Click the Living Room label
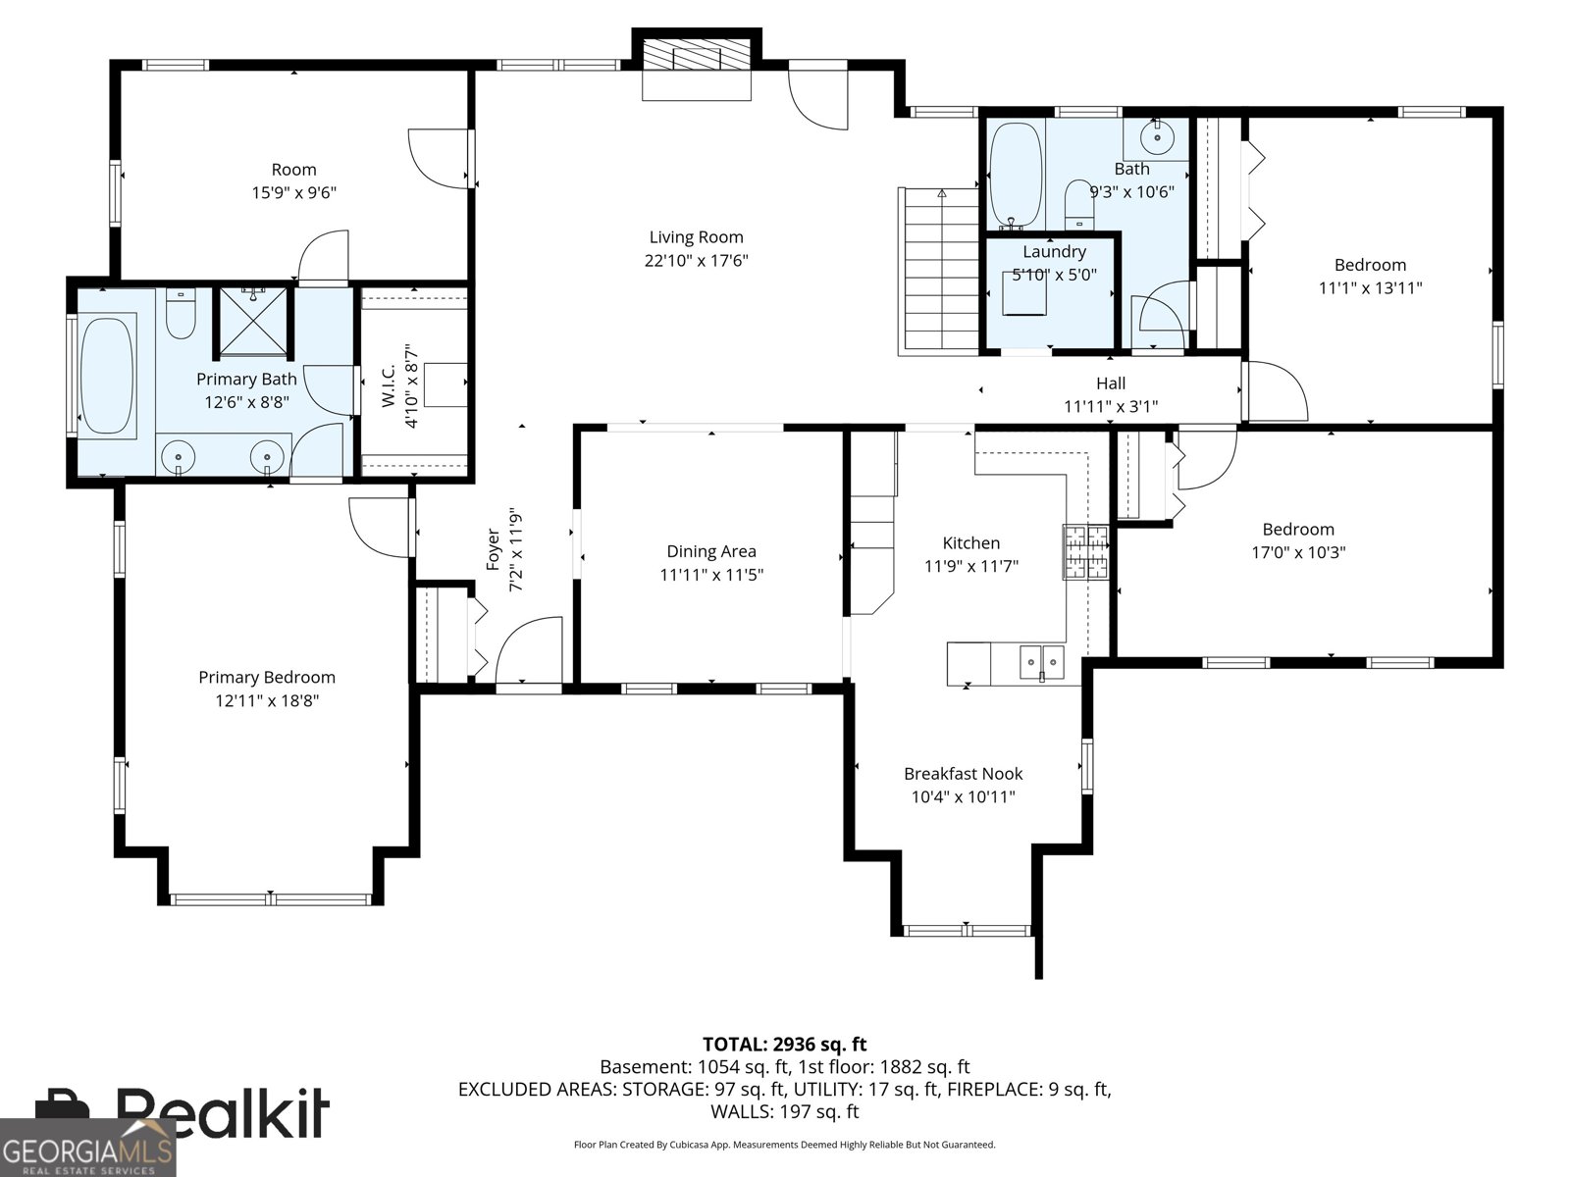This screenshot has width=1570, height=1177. [696, 237]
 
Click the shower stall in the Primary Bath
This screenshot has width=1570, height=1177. [254, 321]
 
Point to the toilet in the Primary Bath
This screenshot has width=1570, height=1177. [181, 314]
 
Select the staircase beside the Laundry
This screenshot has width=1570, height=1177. [939, 273]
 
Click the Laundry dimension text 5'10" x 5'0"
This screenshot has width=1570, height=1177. [1054, 275]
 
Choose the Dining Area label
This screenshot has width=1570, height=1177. [710, 552]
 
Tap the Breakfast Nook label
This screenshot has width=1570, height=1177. [963, 774]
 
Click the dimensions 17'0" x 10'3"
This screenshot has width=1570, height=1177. [1297, 552]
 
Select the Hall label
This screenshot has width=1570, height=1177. [1111, 384]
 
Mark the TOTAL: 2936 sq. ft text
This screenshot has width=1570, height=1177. [784, 1045]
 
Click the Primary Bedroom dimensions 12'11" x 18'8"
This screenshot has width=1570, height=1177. [267, 700]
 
